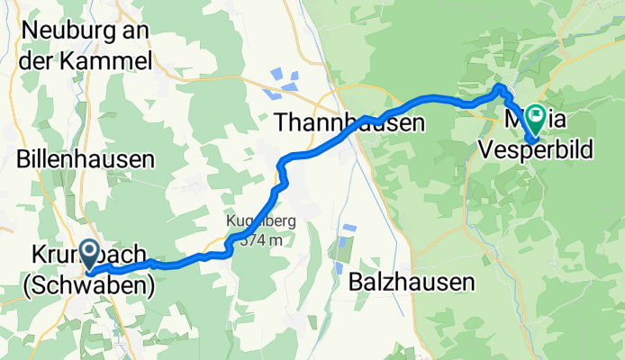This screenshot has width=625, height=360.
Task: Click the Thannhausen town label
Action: (347, 122)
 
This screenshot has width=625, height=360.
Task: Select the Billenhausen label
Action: (86, 159)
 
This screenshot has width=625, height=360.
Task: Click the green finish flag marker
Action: (536, 116)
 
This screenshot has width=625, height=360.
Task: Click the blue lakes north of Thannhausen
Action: (278, 82)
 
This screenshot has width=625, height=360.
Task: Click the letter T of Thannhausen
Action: (279, 122)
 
